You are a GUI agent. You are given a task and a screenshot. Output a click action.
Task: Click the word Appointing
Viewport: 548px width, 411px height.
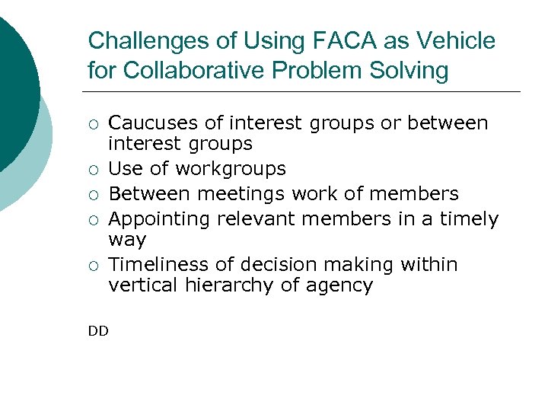pyautogui.click(x=160, y=219)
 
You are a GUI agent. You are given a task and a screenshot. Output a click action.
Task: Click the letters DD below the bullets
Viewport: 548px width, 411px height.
pyautogui.click(x=98, y=330)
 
